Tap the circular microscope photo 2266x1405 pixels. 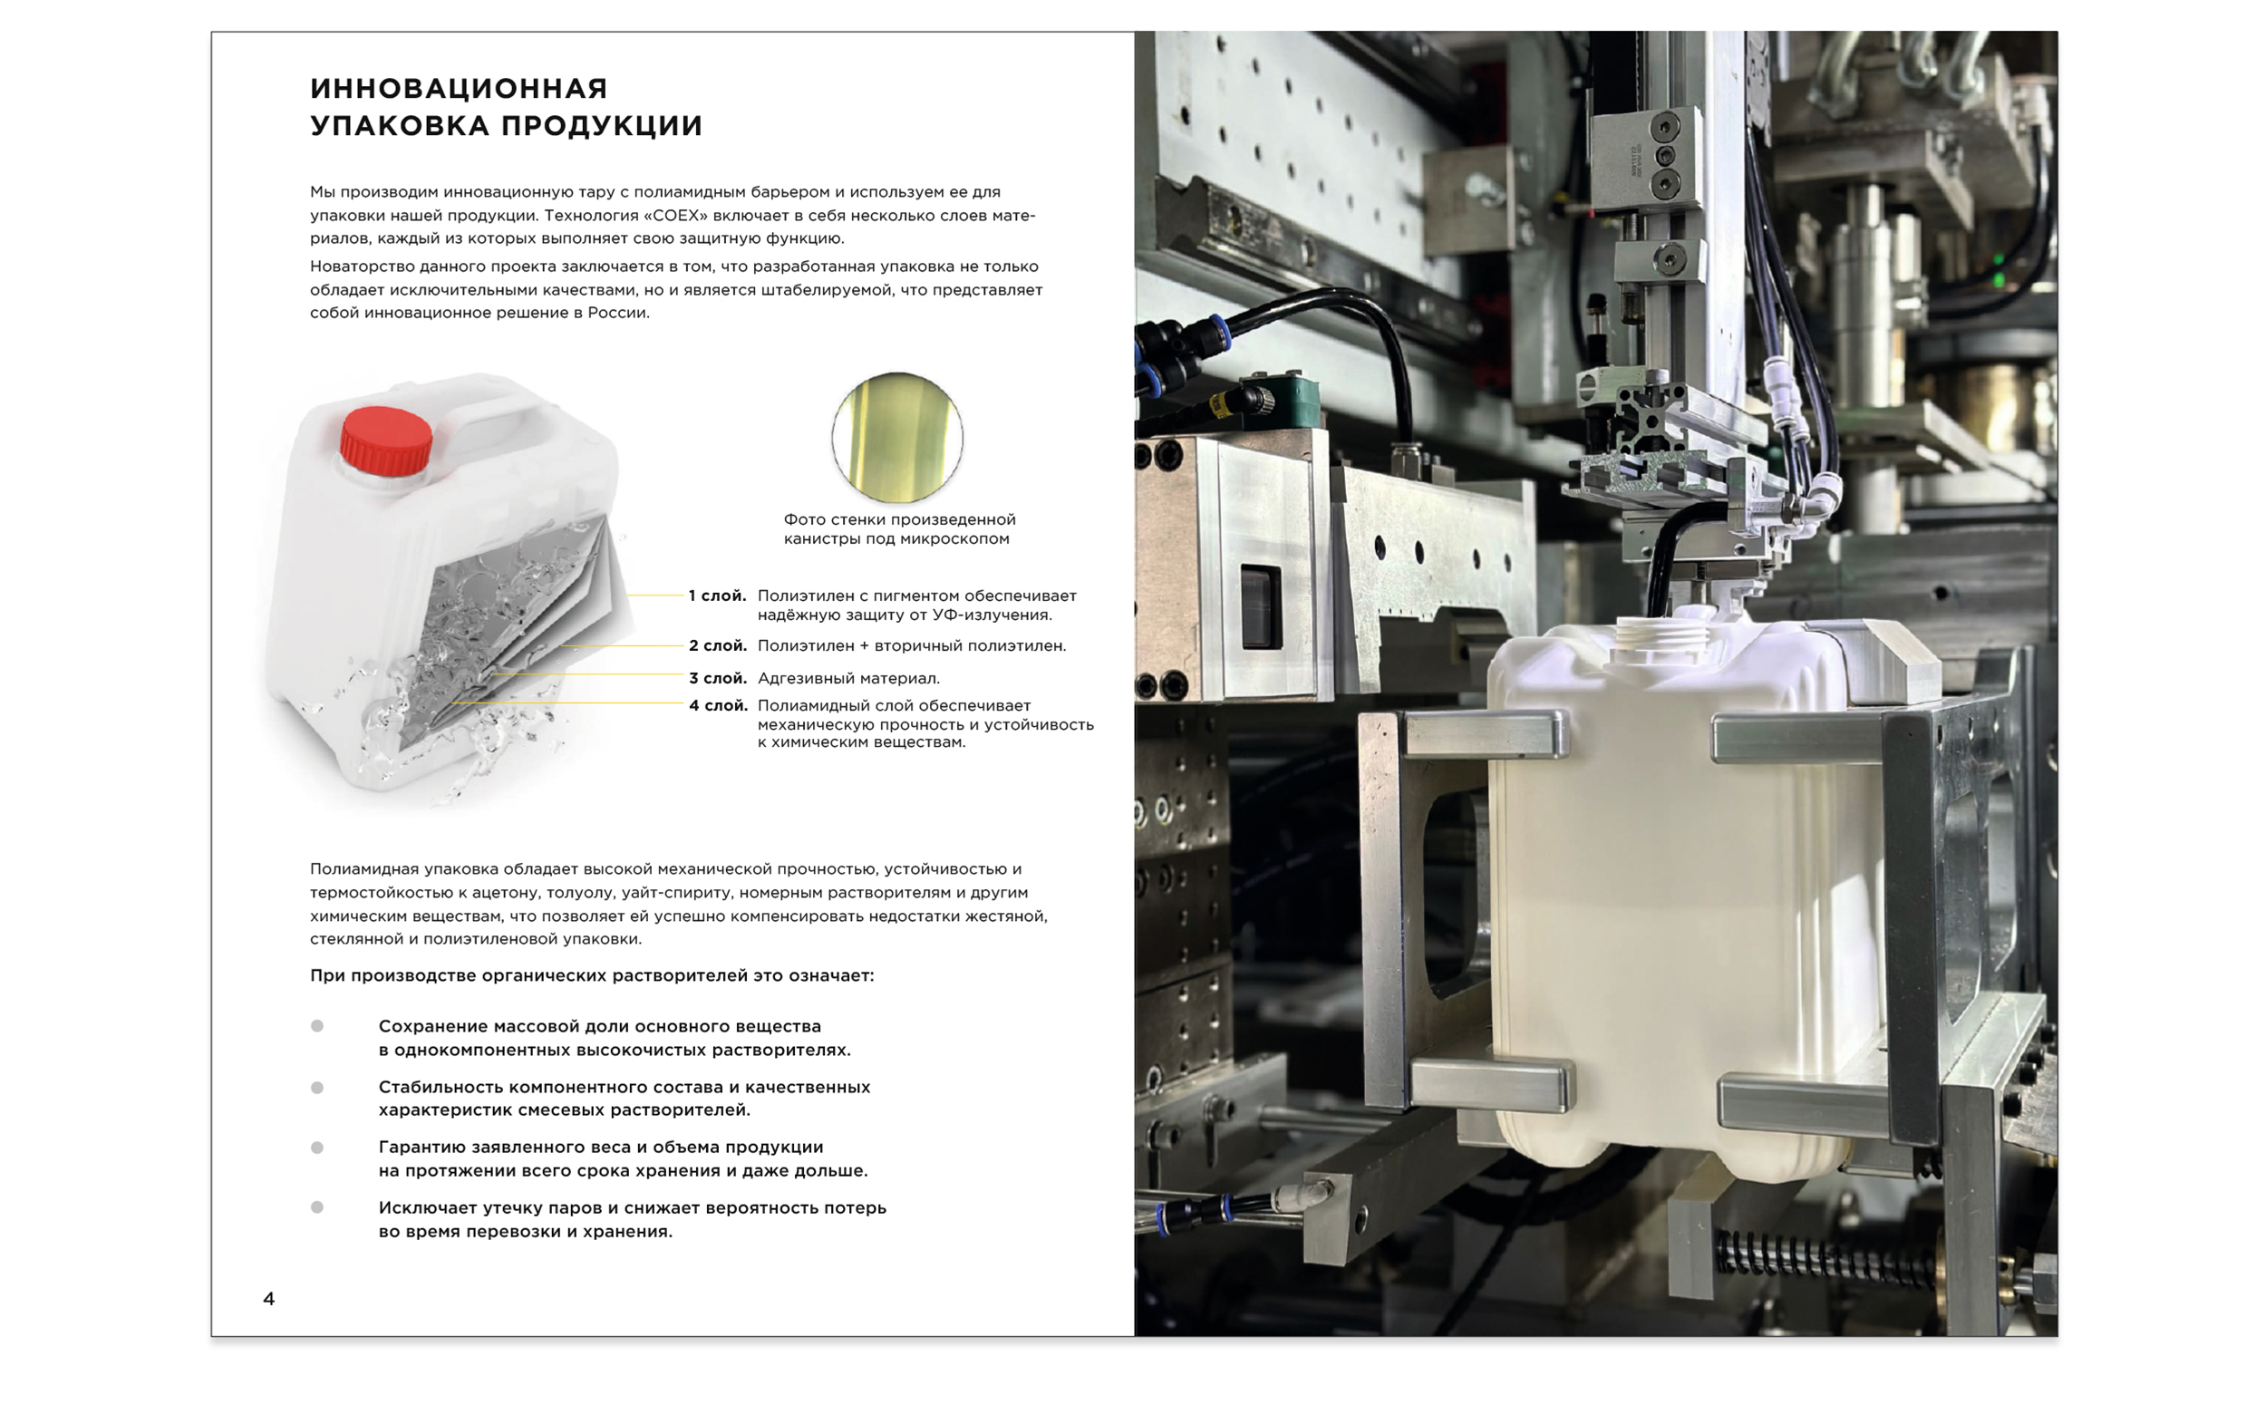(x=896, y=438)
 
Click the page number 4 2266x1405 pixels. (x=268, y=1298)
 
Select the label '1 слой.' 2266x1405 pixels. (x=717, y=596)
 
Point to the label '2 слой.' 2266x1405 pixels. (x=717, y=645)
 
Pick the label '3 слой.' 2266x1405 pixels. (x=717, y=678)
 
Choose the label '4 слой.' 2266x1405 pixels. (x=717, y=705)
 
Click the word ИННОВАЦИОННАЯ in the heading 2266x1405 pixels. (x=459, y=88)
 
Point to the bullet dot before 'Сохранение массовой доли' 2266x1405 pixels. (x=317, y=1026)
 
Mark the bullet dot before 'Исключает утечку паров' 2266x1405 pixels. (x=317, y=1207)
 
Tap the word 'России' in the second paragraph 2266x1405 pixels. (x=617, y=313)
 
